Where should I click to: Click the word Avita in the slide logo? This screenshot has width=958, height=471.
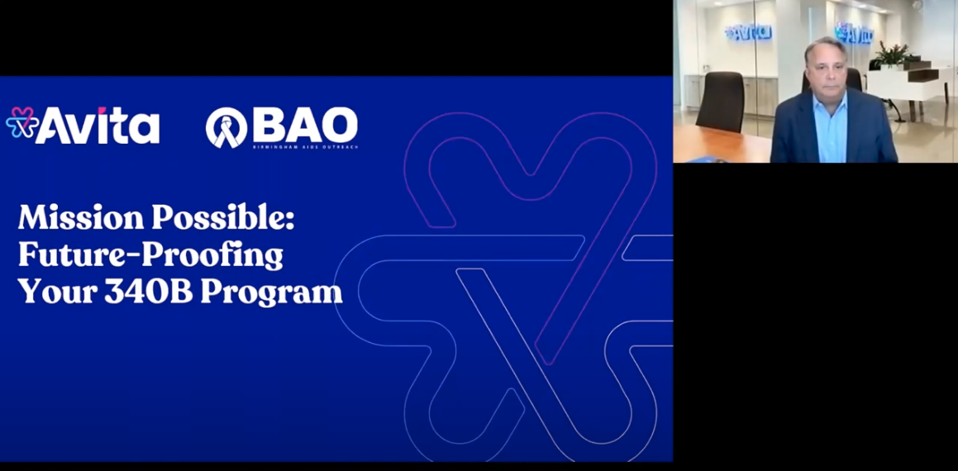[98, 126]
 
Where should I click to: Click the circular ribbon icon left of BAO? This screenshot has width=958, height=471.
[226, 127]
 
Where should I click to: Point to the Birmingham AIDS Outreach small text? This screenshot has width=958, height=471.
[305, 147]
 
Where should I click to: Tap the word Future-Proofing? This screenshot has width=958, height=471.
[150, 255]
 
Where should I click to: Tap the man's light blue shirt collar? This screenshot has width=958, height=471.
[829, 104]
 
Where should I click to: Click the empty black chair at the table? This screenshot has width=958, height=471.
[722, 99]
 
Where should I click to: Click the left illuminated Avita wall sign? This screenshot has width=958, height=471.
[749, 32]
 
